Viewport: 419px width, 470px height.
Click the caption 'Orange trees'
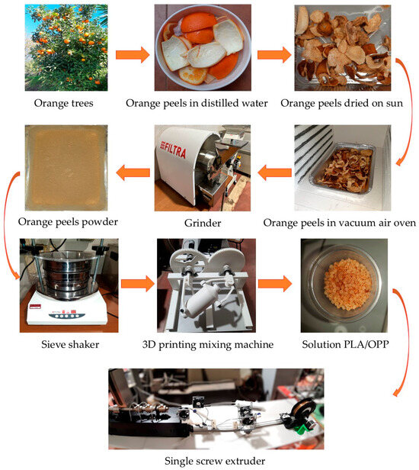63,103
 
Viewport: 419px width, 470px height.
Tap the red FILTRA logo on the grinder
174,149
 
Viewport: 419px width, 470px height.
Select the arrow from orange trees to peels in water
133,55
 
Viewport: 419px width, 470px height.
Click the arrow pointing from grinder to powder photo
133,172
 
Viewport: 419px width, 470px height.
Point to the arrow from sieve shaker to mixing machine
138,284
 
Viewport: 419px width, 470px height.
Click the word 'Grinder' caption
203,223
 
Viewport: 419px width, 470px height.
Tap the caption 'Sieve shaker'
70,344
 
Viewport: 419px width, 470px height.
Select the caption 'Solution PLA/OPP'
345,344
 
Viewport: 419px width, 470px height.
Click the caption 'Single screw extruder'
215,461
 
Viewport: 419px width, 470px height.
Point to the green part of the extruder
303,428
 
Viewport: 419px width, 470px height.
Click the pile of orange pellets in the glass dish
347,282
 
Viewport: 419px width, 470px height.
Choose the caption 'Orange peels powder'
68,222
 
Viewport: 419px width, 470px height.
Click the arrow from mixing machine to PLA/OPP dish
275,284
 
